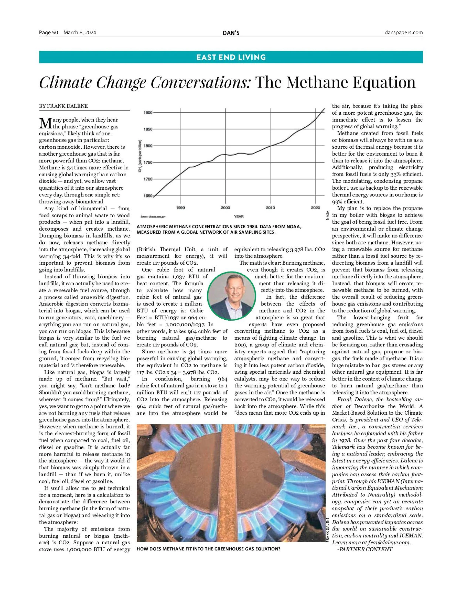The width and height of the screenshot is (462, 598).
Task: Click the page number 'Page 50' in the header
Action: [48, 33]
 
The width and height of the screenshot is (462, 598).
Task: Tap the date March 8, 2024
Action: [80, 33]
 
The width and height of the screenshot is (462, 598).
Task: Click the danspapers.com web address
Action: [403, 33]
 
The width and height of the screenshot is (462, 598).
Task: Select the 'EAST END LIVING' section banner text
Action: [231, 57]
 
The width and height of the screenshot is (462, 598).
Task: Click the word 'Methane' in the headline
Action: [317, 82]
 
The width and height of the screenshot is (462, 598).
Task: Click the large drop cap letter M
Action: [45, 123]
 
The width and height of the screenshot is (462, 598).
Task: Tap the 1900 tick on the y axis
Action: [148, 113]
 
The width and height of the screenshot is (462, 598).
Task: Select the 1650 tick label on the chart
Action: [148, 196]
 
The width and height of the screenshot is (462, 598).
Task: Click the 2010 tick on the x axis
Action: [270, 208]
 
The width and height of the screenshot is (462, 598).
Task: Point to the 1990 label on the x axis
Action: [180, 208]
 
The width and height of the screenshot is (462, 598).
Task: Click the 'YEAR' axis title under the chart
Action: [239, 216]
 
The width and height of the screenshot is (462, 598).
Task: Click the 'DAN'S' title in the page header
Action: [231, 33]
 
